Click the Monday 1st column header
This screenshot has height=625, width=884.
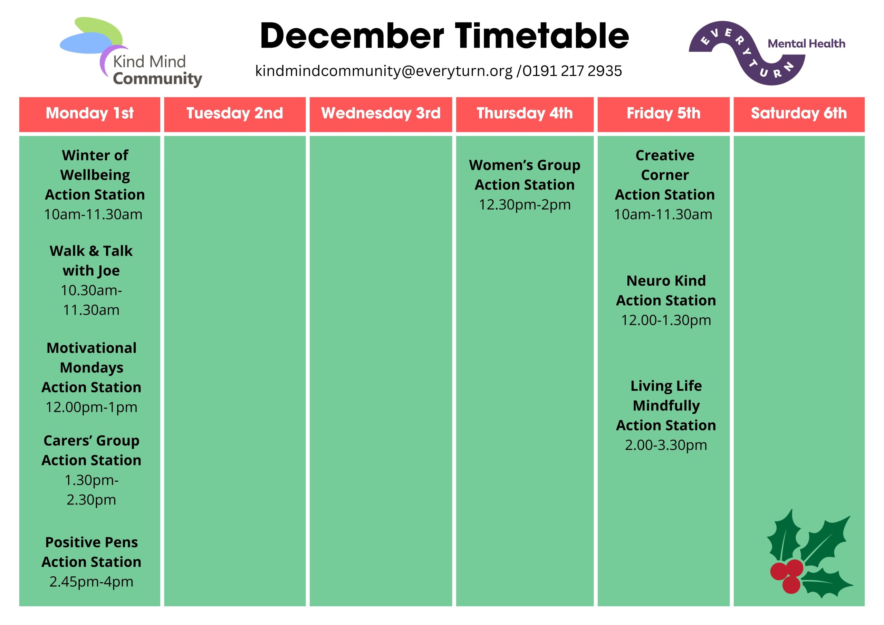click(x=89, y=113)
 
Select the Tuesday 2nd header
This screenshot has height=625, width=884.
click(x=234, y=113)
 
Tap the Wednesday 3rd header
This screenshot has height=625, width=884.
click(x=381, y=113)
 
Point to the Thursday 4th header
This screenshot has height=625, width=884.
click(x=525, y=113)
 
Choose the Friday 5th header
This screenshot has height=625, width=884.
click(x=663, y=113)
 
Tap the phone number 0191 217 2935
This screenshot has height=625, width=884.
click(x=572, y=71)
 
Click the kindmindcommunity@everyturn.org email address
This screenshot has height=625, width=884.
click(x=384, y=71)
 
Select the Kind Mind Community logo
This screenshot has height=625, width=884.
click(x=131, y=52)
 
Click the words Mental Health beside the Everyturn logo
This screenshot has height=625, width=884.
click(x=806, y=44)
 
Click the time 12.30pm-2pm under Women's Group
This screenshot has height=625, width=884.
click(x=525, y=204)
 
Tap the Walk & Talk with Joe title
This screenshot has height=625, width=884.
click(x=91, y=261)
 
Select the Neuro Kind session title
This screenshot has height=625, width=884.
click(x=666, y=281)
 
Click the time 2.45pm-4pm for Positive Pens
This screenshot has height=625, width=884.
click(x=91, y=581)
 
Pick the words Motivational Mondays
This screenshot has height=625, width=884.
click(x=91, y=357)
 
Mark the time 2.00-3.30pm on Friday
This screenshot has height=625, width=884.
click(x=666, y=445)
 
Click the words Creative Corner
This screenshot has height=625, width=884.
click(x=665, y=165)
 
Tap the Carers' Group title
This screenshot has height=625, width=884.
click(x=91, y=441)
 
